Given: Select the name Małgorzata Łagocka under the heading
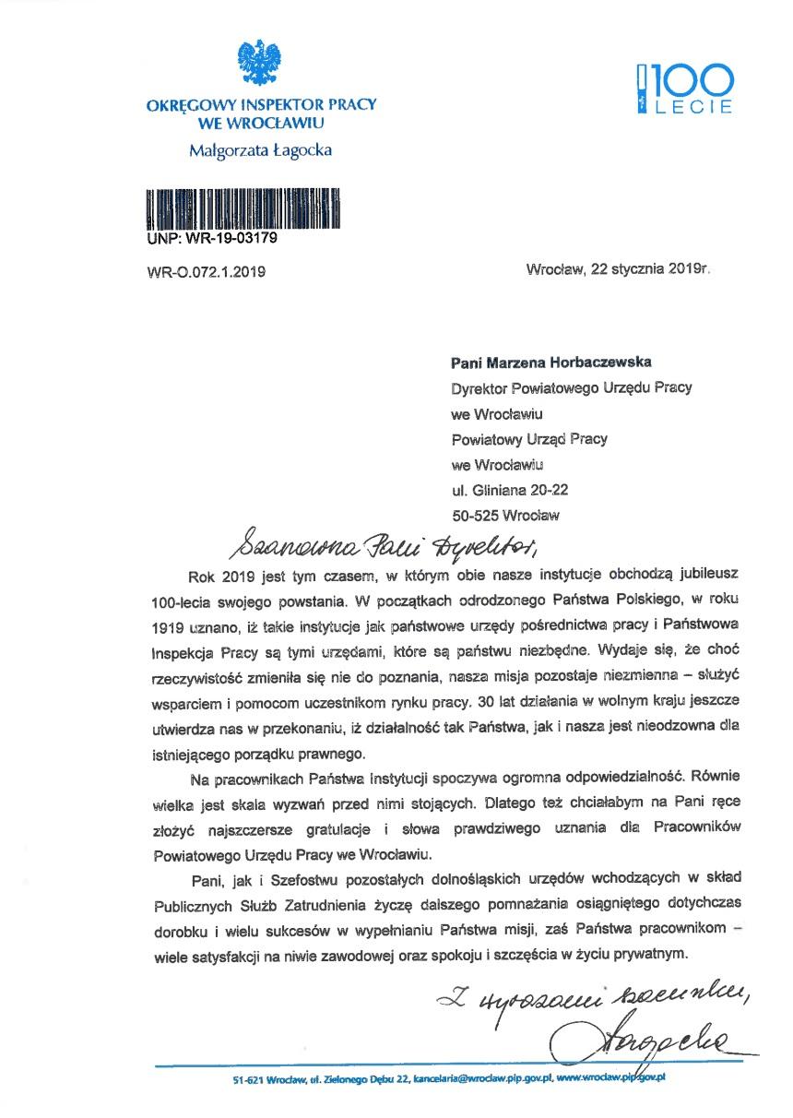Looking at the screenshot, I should click(x=261, y=150).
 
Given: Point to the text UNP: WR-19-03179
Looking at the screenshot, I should click(x=211, y=239).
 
